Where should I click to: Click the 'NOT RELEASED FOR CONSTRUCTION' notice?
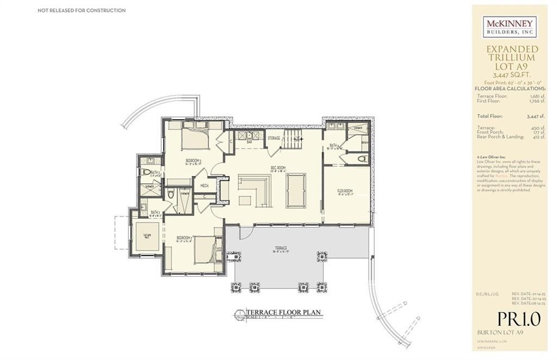click(82, 10)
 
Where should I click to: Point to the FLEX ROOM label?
click(345, 191)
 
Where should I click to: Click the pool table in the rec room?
click(296, 190)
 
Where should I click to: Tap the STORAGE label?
click(274, 138)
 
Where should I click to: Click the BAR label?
click(250, 141)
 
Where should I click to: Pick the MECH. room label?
click(205, 186)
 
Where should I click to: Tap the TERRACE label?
click(281, 249)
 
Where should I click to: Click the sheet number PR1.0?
click(518, 319)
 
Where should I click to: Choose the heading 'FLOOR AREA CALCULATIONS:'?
click(510, 88)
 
